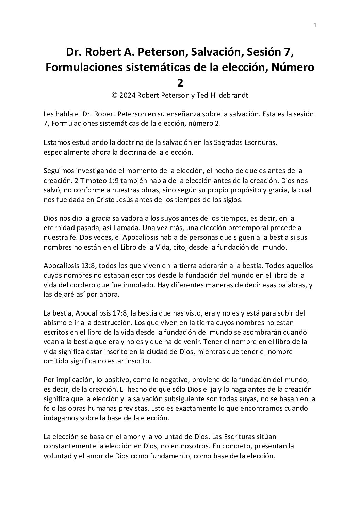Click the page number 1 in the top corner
coord(315,25)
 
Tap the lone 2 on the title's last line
coord(180,82)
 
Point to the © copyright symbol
coord(115,95)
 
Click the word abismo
coord(55,322)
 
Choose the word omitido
coord(55,361)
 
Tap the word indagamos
coord(59,418)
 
